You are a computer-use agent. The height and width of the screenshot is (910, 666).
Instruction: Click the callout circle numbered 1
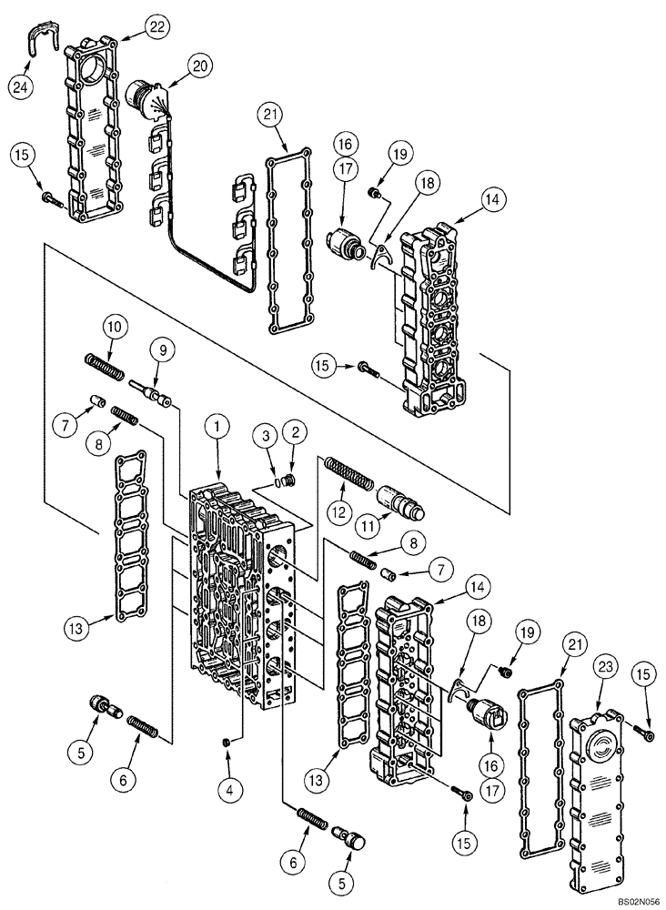pos(218,424)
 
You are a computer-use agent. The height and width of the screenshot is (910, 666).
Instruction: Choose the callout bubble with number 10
pos(112,327)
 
